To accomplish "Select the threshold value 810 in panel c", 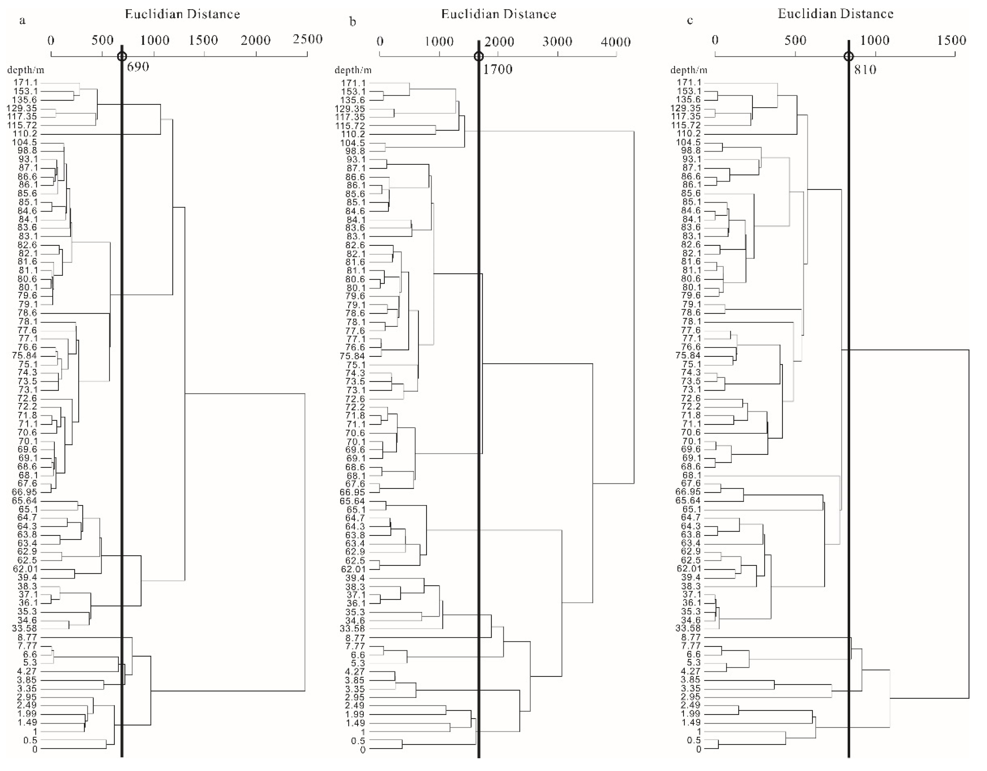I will [865, 69].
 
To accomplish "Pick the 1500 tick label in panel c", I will [951, 41].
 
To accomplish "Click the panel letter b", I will [353, 21].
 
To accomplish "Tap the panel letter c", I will [690, 20].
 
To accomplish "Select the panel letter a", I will [22, 20].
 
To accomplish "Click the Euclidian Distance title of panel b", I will [499, 14].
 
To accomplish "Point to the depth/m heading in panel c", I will [689, 70].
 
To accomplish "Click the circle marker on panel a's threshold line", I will [122, 56].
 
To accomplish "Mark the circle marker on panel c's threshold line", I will [849, 56].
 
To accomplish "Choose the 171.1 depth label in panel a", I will [26, 83].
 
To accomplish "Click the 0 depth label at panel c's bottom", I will [699, 749].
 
